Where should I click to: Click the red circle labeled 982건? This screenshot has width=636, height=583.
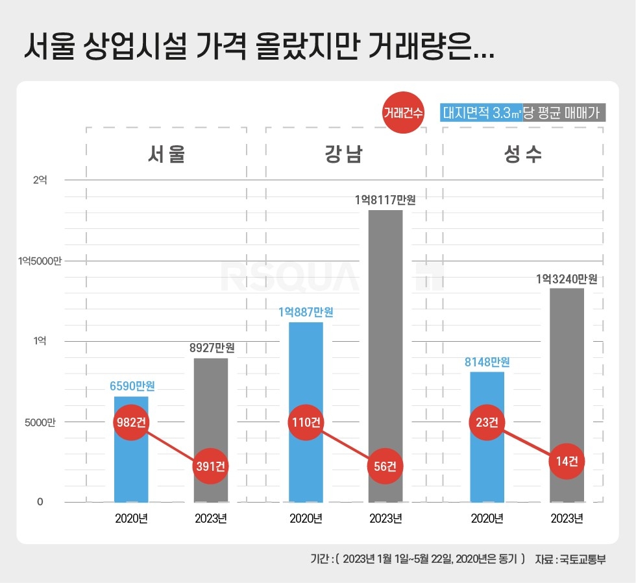(131, 422)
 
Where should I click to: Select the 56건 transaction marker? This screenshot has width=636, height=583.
(385, 466)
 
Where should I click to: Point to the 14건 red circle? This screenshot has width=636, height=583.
(567, 462)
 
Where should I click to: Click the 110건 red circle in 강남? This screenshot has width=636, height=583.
(305, 422)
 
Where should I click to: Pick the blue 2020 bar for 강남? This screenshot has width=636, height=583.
(306, 376)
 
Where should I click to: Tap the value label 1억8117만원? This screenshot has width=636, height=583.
(385, 200)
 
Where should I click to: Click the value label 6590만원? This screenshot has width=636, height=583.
(132, 386)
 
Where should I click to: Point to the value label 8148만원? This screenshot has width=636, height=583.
(487, 362)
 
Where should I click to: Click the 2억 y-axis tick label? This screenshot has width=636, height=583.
(40, 180)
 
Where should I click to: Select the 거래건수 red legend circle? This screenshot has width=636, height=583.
(403, 113)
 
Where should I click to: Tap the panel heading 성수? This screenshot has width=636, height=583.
(522, 155)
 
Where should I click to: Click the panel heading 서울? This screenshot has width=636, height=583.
(166, 155)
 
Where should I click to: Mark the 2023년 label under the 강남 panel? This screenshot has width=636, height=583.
(385, 519)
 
